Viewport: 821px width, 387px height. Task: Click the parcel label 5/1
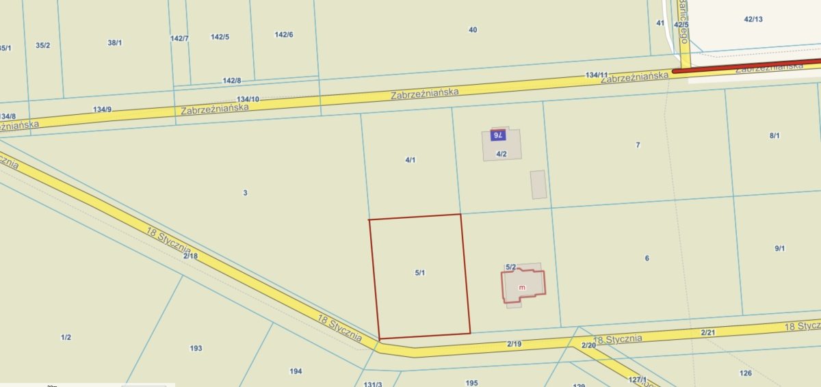[x=420, y=273]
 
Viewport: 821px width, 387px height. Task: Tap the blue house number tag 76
[x=498, y=135]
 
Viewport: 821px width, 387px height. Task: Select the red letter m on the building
[x=522, y=287]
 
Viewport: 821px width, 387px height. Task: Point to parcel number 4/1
[x=410, y=160]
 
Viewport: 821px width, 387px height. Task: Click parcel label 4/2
[x=501, y=154]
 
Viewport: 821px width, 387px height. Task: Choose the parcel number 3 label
[x=245, y=193]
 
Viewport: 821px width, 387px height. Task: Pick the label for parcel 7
[x=638, y=145]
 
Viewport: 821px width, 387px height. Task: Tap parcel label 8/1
[x=774, y=136]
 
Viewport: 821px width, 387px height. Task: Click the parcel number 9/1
[x=779, y=249]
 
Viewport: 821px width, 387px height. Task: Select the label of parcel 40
[x=473, y=29]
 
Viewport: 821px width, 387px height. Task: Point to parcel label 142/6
[x=284, y=35]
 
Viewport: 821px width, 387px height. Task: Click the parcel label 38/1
[x=115, y=43]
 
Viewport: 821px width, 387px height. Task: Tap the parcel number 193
[x=196, y=348]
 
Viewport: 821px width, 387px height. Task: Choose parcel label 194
[x=296, y=371]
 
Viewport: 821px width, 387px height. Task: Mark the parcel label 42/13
[x=753, y=19]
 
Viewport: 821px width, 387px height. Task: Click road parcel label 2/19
[x=514, y=344]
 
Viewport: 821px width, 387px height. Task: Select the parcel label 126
[x=746, y=373]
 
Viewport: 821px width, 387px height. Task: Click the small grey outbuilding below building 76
[x=538, y=185]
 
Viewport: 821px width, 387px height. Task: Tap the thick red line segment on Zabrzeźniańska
[x=746, y=66]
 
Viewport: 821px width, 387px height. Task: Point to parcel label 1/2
[x=66, y=337]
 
